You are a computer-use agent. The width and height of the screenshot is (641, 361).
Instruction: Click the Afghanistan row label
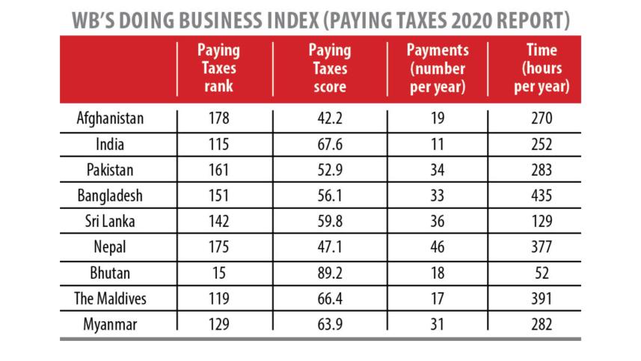(110, 118)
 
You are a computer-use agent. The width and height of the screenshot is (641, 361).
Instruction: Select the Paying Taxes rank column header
(218, 68)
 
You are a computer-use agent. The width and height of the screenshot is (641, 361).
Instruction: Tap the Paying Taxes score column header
(329, 68)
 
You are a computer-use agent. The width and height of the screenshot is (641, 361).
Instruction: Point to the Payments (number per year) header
(438, 68)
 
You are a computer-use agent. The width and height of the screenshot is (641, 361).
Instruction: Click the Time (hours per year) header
(542, 68)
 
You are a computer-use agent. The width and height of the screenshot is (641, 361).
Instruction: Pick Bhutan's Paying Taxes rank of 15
(218, 273)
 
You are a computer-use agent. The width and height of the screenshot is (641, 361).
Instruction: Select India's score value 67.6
(329, 144)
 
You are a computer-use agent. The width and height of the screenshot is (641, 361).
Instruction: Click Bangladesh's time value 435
(542, 195)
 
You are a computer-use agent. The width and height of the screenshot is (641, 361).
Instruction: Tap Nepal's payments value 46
(438, 247)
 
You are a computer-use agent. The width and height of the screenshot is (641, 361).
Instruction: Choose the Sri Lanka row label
(110, 222)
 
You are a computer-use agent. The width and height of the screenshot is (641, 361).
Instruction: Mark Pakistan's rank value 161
(218, 170)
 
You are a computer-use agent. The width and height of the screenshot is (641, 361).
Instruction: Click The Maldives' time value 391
(542, 299)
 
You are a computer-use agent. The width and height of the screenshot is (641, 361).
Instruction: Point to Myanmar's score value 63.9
(329, 324)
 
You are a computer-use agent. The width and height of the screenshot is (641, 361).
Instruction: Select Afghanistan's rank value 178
(218, 118)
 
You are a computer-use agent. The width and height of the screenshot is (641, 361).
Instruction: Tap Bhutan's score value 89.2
(329, 273)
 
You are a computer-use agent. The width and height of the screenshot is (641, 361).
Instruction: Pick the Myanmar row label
(110, 324)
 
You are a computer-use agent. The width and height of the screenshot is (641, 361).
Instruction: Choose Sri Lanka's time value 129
(542, 222)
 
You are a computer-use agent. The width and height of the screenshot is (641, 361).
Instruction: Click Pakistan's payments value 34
(438, 170)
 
